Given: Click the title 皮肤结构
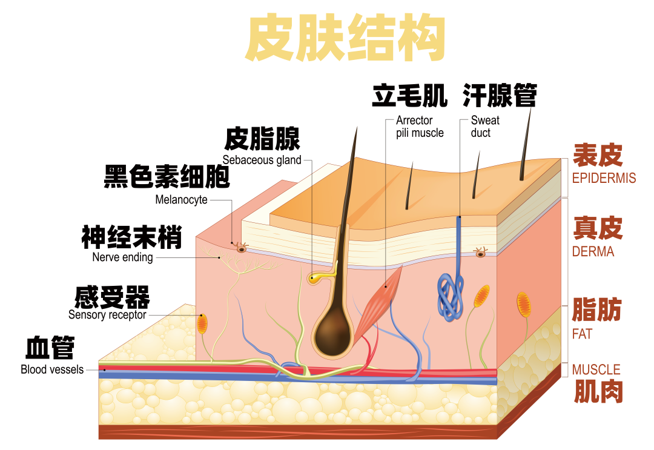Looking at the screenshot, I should pyautogui.click(x=345, y=38).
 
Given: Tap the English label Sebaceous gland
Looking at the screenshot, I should pyautogui.click(x=262, y=160).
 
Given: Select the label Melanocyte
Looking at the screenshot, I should pyautogui.click(x=181, y=199).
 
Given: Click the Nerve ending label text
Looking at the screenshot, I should pyautogui.click(x=122, y=257).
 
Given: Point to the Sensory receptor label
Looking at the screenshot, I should pyautogui.click(x=107, y=315).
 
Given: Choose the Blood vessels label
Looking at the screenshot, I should pyautogui.click(x=52, y=369).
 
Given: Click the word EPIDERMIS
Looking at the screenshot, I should pyautogui.click(x=604, y=179).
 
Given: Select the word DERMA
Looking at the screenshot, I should pyautogui.click(x=593, y=252).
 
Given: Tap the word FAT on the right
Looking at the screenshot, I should pyautogui.click(x=582, y=334).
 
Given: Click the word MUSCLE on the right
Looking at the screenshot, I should pyautogui.click(x=596, y=369).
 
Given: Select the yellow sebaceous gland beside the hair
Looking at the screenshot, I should pyautogui.click(x=317, y=278).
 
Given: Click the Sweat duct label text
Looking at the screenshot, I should pyautogui.click(x=484, y=127).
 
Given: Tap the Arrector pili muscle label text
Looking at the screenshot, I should pyautogui.click(x=420, y=127).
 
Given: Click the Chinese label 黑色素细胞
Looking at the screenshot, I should pyautogui.click(x=167, y=176).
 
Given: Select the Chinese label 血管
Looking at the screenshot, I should pyautogui.click(x=50, y=348).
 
